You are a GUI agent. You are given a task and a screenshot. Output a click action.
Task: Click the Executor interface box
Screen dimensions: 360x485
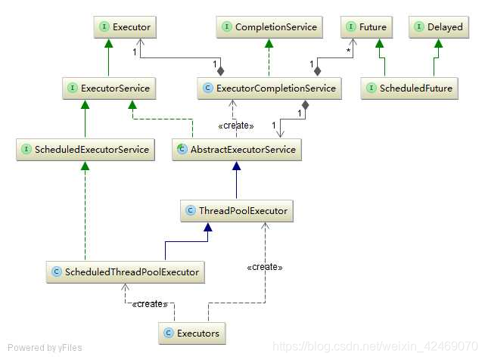point(124,27)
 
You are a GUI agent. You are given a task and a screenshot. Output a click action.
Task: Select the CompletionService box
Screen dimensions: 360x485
point(269,27)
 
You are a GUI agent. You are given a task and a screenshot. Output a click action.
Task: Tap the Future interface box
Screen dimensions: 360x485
point(366,27)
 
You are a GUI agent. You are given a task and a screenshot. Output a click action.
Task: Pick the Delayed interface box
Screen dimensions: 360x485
point(438,27)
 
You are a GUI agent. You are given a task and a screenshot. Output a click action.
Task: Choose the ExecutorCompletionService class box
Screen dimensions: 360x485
point(268,88)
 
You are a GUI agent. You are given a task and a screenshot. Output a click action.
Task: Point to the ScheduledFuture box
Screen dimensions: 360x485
point(409,88)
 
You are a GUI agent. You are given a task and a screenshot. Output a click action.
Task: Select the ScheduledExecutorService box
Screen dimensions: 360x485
point(86,150)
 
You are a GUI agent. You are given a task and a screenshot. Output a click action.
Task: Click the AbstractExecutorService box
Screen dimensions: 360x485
point(237,150)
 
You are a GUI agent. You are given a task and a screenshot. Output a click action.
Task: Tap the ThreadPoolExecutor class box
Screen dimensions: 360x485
point(237,211)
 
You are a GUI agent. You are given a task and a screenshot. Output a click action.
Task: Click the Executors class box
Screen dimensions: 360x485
point(193,332)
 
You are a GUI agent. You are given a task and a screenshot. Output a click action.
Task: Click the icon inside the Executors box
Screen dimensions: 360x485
point(169,332)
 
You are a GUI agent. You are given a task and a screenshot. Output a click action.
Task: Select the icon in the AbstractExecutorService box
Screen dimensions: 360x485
point(182,150)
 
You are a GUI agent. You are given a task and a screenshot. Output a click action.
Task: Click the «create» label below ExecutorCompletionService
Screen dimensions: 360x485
point(236,125)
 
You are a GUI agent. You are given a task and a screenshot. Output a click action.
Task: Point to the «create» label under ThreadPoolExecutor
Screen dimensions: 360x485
point(264,267)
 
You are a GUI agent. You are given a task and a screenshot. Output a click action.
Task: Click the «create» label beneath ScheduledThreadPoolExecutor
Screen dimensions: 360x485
point(149,304)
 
